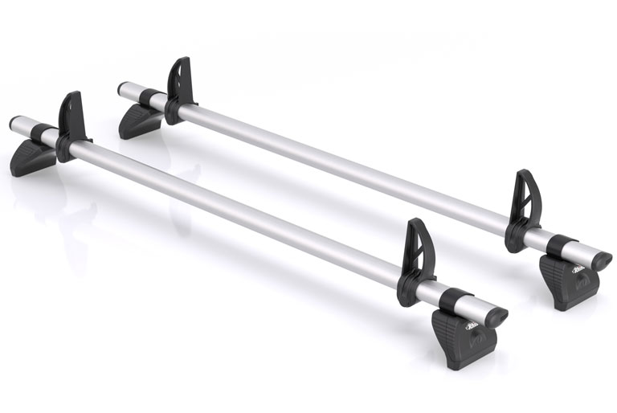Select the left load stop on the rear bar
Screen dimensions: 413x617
pyautogui.click(x=180, y=82)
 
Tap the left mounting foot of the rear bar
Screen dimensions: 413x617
pyautogui.click(x=141, y=121)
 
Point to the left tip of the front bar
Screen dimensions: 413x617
pyautogui.click(x=15, y=125)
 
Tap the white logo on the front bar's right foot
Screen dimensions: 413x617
pyautogui.click(x=473, y=322)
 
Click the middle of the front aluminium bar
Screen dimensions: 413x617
pyautogui.click(x=241, y=209)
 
